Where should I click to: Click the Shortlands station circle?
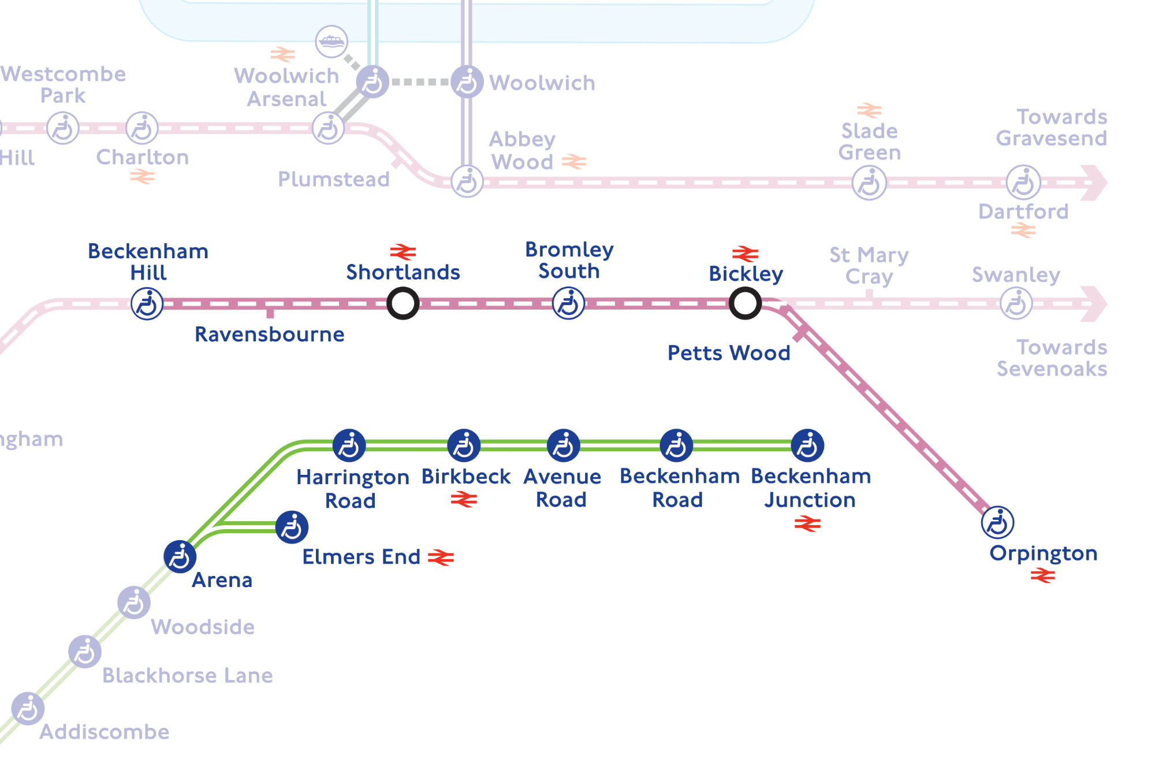click(403, 303)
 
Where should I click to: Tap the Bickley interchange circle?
click(744, 303)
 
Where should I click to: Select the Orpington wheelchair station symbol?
click(997, 522)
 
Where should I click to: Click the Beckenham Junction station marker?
click(807, 445)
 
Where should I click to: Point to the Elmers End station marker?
click(292, 527)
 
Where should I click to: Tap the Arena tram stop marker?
click(180, 557)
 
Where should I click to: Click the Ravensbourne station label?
click(269, 334)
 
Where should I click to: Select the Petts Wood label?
click(728, 353)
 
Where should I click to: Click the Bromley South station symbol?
click(568, 303)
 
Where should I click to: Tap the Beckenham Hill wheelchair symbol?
click(147, 303)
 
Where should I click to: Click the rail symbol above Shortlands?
click(403, 252)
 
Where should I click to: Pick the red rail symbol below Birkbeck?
click(464, 499)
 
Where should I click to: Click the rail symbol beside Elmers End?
click(441, 557)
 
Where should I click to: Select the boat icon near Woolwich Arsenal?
click(331, 42)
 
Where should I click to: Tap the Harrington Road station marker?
click(349, 445)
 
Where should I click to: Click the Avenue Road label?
click(562, 488)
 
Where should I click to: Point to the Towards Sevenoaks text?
click(1052, 358)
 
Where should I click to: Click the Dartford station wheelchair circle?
click(1023, 183)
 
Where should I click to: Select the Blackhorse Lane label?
click(187, 675)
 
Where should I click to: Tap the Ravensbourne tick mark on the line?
click(270, 313)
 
